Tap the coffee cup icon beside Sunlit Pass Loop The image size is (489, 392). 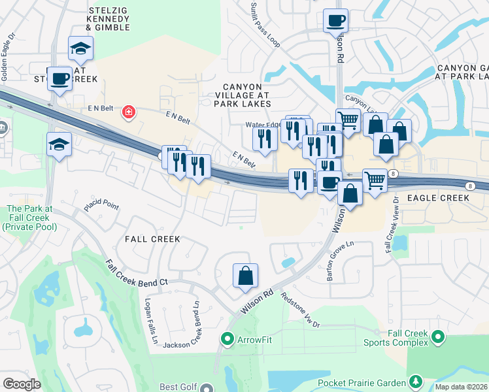pyautogui.click(x=335, y=20)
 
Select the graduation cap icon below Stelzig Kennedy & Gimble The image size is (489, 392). pyautogui.click(x=80, y=48)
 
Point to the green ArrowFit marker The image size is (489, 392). pyautogui.click(x=228, y=338)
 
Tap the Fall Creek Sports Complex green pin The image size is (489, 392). pyautogui.click(x=438, y=338)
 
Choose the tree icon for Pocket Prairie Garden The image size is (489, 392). pyautogui.click(x=414, y=381)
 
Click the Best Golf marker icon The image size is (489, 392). pyautogui.click(x=207, y=387)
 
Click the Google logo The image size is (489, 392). pyautogui.click(x=22, y=384)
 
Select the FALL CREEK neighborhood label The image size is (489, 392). pyautogui.click(x=152, y=239)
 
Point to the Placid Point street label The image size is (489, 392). pyautogui.click(x=101, y=206)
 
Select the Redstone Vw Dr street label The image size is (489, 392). pyautogui.click(x=300, y=309)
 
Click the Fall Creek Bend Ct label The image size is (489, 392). pyautogui.click(x=137, y=273)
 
